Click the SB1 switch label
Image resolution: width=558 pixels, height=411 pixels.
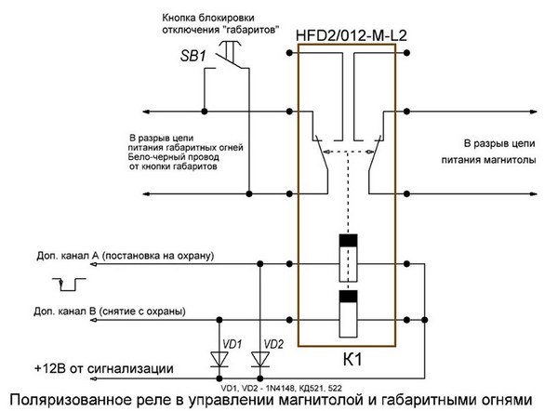click(193, 56)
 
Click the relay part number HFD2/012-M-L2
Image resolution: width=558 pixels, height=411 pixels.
click(351, 35)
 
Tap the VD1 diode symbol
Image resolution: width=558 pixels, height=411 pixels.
click(219, 360)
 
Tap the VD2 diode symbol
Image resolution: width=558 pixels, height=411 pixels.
click(260, 360)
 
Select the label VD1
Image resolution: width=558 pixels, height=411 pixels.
click(232, 344)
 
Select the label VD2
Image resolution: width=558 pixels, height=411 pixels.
click(273, 344)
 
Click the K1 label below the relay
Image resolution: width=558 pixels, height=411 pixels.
click(352, 360)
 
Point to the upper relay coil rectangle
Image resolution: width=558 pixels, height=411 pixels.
click(348, 258)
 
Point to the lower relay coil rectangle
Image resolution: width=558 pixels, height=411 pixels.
click(348, 313)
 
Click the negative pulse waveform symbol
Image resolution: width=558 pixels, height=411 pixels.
click(69, 284)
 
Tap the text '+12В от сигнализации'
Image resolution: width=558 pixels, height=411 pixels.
click(104, 368)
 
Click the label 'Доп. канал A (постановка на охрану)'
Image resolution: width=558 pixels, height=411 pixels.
click(126, 256)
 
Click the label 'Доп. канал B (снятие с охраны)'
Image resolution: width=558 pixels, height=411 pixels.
click(110, 312)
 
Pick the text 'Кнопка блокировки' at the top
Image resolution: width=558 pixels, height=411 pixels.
click(208, 18)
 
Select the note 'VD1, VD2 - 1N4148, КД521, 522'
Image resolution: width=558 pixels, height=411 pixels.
click(281, 388)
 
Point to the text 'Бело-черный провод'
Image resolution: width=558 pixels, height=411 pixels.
click(173, 157)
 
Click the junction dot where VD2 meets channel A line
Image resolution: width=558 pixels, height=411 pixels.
click(260, 264)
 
